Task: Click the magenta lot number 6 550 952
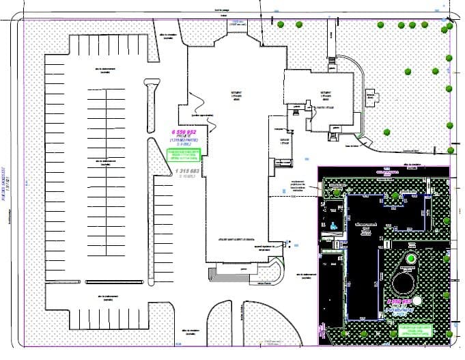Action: [x=183, y=130]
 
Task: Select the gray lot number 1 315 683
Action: [x=186, y=170]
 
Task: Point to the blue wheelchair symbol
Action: [x=333, y=225]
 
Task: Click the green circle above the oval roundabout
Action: [x=410, y=259]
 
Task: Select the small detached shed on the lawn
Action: [x=371, y=98]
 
